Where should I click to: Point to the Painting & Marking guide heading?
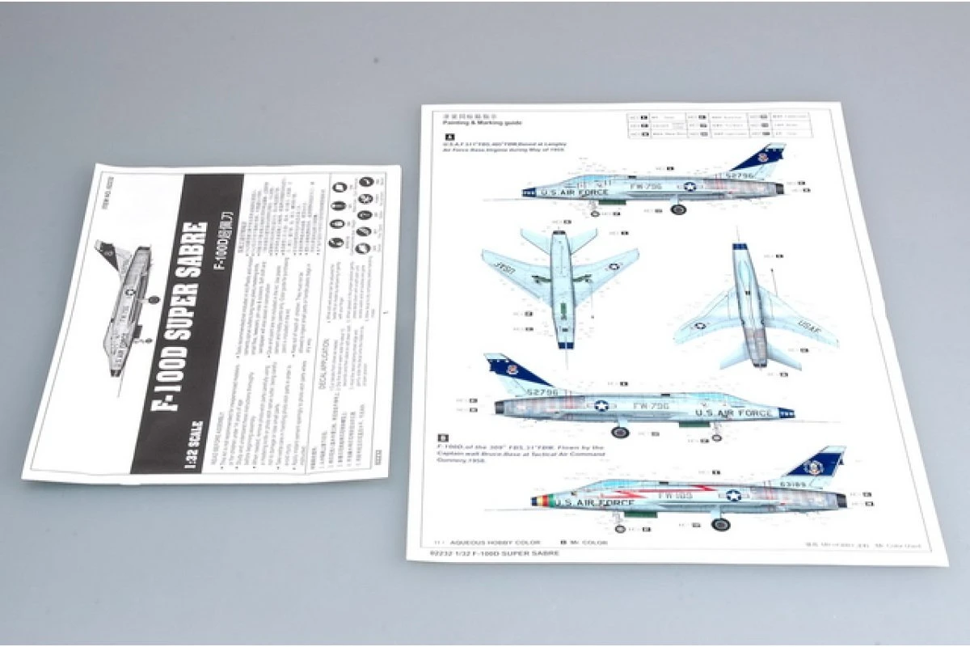[476, 122]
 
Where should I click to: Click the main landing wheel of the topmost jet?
[677, 209]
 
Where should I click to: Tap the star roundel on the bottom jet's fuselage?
[732, 496]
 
